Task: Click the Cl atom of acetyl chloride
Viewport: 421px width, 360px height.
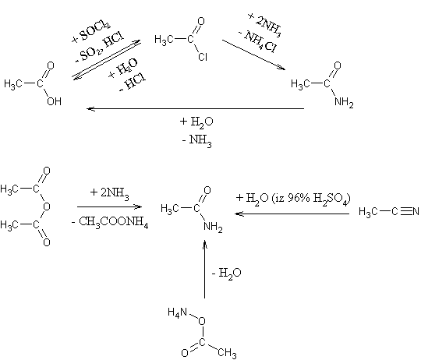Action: tap(203, 57)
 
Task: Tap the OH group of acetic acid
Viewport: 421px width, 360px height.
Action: tap(55, 101)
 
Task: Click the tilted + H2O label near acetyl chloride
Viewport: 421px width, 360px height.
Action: tap(123, 69)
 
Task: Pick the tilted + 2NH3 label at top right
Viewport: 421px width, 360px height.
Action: tap(265, 25)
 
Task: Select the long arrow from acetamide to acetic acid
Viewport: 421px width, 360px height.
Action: tap(195, 108)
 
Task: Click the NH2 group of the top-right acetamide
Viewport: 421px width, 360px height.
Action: tap(344, 102)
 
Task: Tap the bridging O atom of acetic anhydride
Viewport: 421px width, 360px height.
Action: tap(47, 206)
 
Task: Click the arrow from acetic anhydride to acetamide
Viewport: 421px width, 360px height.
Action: tap(109, 206)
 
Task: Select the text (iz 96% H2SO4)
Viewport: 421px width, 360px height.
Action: tap(311, 199)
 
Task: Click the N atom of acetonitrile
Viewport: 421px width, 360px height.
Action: tap(416, 211)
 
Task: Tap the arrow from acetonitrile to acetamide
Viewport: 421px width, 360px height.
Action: tap(292, 214)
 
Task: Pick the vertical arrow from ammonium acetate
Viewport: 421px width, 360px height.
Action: tap(204, 269)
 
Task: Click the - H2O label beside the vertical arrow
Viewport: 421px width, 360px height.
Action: tap(226, 274)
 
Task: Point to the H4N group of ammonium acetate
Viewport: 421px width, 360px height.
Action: tap(177, 312)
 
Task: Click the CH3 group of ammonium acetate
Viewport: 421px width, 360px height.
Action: tap(227, 353)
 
